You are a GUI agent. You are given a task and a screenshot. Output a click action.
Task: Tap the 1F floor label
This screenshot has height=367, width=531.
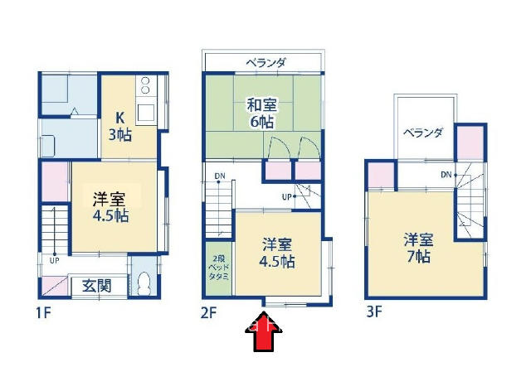[43, 313]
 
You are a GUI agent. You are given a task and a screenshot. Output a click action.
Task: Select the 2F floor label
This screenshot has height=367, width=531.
[208, 313]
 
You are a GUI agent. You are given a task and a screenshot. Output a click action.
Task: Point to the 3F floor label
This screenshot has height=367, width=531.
[374, 311]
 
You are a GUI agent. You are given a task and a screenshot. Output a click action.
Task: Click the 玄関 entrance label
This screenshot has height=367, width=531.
[97, 287]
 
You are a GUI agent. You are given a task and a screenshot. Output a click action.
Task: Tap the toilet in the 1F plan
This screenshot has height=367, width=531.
[144, 282]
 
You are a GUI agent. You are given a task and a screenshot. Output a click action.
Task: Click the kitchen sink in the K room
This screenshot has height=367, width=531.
[146, 113]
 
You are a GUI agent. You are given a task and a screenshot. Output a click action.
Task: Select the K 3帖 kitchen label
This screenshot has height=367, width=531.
[119, 126]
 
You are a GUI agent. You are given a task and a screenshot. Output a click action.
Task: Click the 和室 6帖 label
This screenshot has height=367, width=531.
[262, 113]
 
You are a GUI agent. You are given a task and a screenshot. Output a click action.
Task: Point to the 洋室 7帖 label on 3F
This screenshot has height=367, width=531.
[418, 248]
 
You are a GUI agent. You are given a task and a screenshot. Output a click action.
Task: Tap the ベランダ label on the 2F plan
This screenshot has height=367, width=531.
[266, 63]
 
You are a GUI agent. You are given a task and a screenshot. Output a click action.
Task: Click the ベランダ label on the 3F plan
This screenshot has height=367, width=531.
[422, 133]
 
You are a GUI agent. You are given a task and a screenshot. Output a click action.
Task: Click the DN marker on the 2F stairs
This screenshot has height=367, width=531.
[219, 176]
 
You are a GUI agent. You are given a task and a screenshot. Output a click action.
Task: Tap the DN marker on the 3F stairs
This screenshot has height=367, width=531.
[446, 175]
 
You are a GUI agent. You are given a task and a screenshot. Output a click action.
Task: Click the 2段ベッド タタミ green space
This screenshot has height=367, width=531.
[219, 268]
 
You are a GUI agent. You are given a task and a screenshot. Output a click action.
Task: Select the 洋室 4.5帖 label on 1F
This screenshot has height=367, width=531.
[110, 206]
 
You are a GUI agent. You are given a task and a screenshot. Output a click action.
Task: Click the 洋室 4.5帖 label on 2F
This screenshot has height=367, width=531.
[276, 253]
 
